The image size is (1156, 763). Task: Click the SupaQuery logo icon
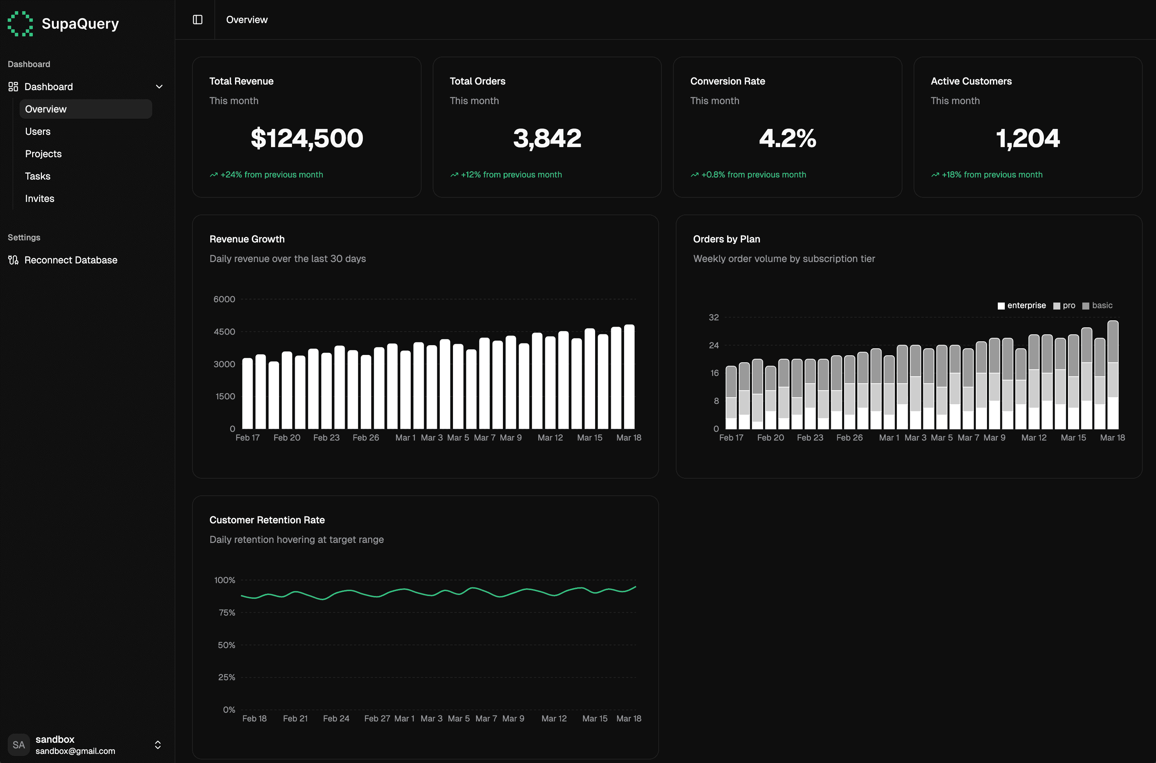20,23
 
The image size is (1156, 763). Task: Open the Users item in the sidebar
37,131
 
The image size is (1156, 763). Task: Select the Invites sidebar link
39,198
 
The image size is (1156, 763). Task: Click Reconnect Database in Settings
71,260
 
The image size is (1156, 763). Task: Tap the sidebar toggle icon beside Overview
197,20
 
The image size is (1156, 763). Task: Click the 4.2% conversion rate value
787,138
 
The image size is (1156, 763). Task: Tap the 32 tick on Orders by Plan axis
714,317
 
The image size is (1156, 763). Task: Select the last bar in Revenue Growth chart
629,377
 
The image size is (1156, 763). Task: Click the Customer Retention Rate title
267,520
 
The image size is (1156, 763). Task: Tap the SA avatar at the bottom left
19,744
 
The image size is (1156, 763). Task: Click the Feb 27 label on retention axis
377,718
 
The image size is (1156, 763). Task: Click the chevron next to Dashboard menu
159,87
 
